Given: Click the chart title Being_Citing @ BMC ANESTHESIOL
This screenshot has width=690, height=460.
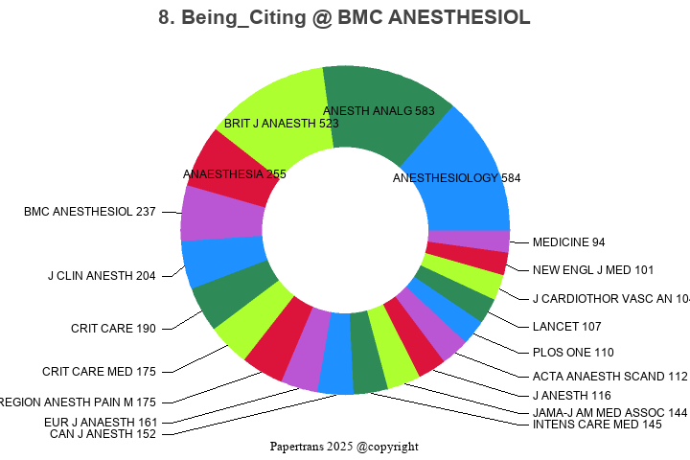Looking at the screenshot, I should point(344,18).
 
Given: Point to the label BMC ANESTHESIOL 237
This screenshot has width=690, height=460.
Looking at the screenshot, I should point(90,212).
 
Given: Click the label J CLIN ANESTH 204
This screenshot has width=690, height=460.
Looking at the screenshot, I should point(102,276).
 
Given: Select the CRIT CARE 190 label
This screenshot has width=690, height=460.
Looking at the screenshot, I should point(113,329).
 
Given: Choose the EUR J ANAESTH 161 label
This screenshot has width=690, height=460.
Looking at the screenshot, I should point(101,422).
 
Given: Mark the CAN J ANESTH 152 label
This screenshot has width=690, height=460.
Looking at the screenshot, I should point(103,434).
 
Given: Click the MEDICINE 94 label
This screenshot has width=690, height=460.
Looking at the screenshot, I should point(568,242).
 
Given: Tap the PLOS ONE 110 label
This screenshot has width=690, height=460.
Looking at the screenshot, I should point(572,353).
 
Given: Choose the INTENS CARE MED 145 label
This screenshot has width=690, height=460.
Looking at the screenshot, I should point(596,424).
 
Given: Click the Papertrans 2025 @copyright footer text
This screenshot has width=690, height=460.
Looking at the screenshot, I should point(344,447).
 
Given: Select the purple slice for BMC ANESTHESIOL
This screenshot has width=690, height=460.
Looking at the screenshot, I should point(220,215).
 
